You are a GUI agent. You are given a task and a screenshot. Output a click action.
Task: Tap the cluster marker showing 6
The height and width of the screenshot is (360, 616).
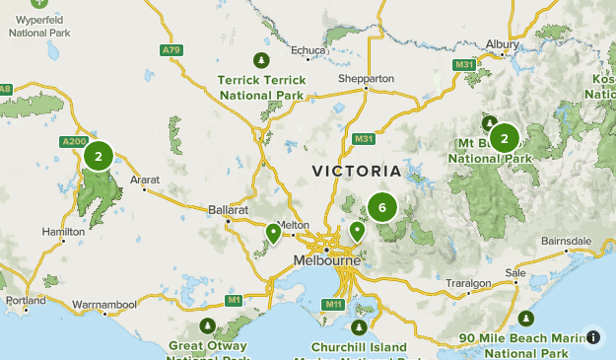tap(381, 207)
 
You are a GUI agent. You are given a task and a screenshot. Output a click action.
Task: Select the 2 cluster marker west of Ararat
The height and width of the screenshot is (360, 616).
tap(98, 156)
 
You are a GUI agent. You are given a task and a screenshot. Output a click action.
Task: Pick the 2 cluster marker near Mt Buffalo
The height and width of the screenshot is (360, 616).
tap(504, 138)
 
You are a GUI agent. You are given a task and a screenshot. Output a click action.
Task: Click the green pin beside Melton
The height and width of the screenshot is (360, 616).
tap(273, 234)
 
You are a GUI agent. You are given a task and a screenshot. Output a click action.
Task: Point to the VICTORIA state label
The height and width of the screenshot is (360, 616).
tap(356, 171)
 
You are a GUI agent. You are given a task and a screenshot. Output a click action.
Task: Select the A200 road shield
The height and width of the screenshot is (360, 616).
tap(74, 142)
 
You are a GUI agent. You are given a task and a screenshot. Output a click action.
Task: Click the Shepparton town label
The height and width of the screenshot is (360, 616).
tap(366, 78)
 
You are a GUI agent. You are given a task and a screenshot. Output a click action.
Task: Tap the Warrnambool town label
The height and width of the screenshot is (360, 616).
tap(106, 304)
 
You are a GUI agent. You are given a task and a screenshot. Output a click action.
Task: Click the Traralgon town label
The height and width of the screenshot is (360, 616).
tap(467, 283)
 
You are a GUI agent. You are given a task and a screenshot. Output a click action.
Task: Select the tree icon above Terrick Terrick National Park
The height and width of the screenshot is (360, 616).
tap(261, 58)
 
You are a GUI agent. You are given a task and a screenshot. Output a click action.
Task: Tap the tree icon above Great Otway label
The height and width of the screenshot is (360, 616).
tap(207, 325)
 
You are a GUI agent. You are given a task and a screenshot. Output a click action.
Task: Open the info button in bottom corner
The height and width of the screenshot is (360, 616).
tap(593, 337)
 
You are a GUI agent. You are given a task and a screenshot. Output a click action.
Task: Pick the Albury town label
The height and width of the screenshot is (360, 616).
tap(504, 44)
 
